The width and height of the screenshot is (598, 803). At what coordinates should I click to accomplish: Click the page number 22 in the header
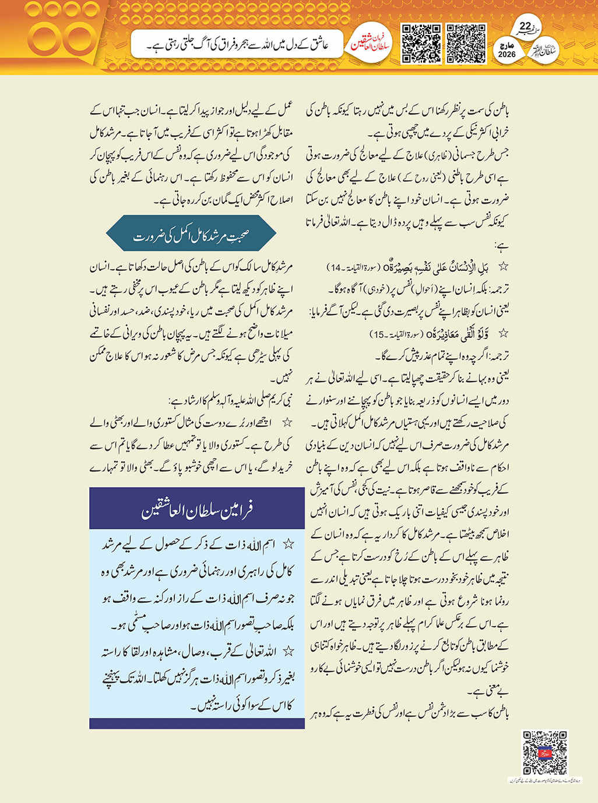tap(525, 26)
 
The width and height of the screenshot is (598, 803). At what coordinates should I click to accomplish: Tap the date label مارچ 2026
tap(506, 50)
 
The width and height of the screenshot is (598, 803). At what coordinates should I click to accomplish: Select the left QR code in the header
tap(421, 43)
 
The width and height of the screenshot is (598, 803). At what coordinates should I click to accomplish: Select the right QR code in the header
tap(466, 43)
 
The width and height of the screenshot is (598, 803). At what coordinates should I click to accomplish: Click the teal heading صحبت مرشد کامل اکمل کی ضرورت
tap(191, 236)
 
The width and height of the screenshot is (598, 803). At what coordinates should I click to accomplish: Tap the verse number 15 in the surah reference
tap(379, 334)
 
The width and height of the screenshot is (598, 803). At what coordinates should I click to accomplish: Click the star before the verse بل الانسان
tap(502, 267)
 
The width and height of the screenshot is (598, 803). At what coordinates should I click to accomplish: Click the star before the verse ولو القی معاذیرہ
tap(502, 334)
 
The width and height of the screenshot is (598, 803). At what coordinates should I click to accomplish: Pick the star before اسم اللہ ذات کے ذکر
tap(287, 544)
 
